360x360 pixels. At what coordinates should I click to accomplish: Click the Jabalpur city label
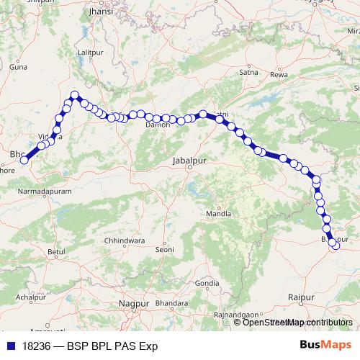pyautogui.click(x=189, y=161)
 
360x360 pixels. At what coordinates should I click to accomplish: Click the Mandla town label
pyautogui.click(x=219, y=214)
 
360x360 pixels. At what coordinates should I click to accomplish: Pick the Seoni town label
pyautogui.click(x=165, y=249)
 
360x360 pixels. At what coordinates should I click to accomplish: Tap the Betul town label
pyautogui.click(x=55, y=251)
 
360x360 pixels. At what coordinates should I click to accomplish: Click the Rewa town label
pyautogui.click(x=278, y=74)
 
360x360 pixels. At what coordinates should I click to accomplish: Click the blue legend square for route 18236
pyautogui.click(x=10, y=346)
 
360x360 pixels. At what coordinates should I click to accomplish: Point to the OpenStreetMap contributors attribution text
pyautogui.click(x=297, y=322)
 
